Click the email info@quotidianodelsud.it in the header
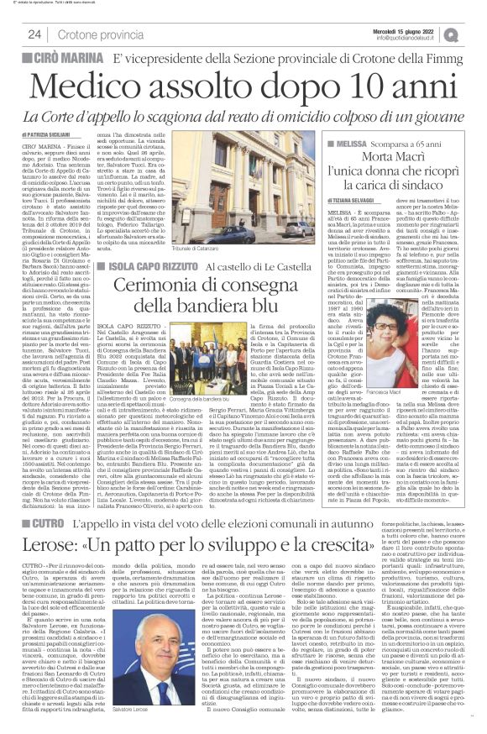[x=418, y=38]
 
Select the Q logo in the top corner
[x=475, y=34]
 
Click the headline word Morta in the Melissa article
[x=375, y=160]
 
